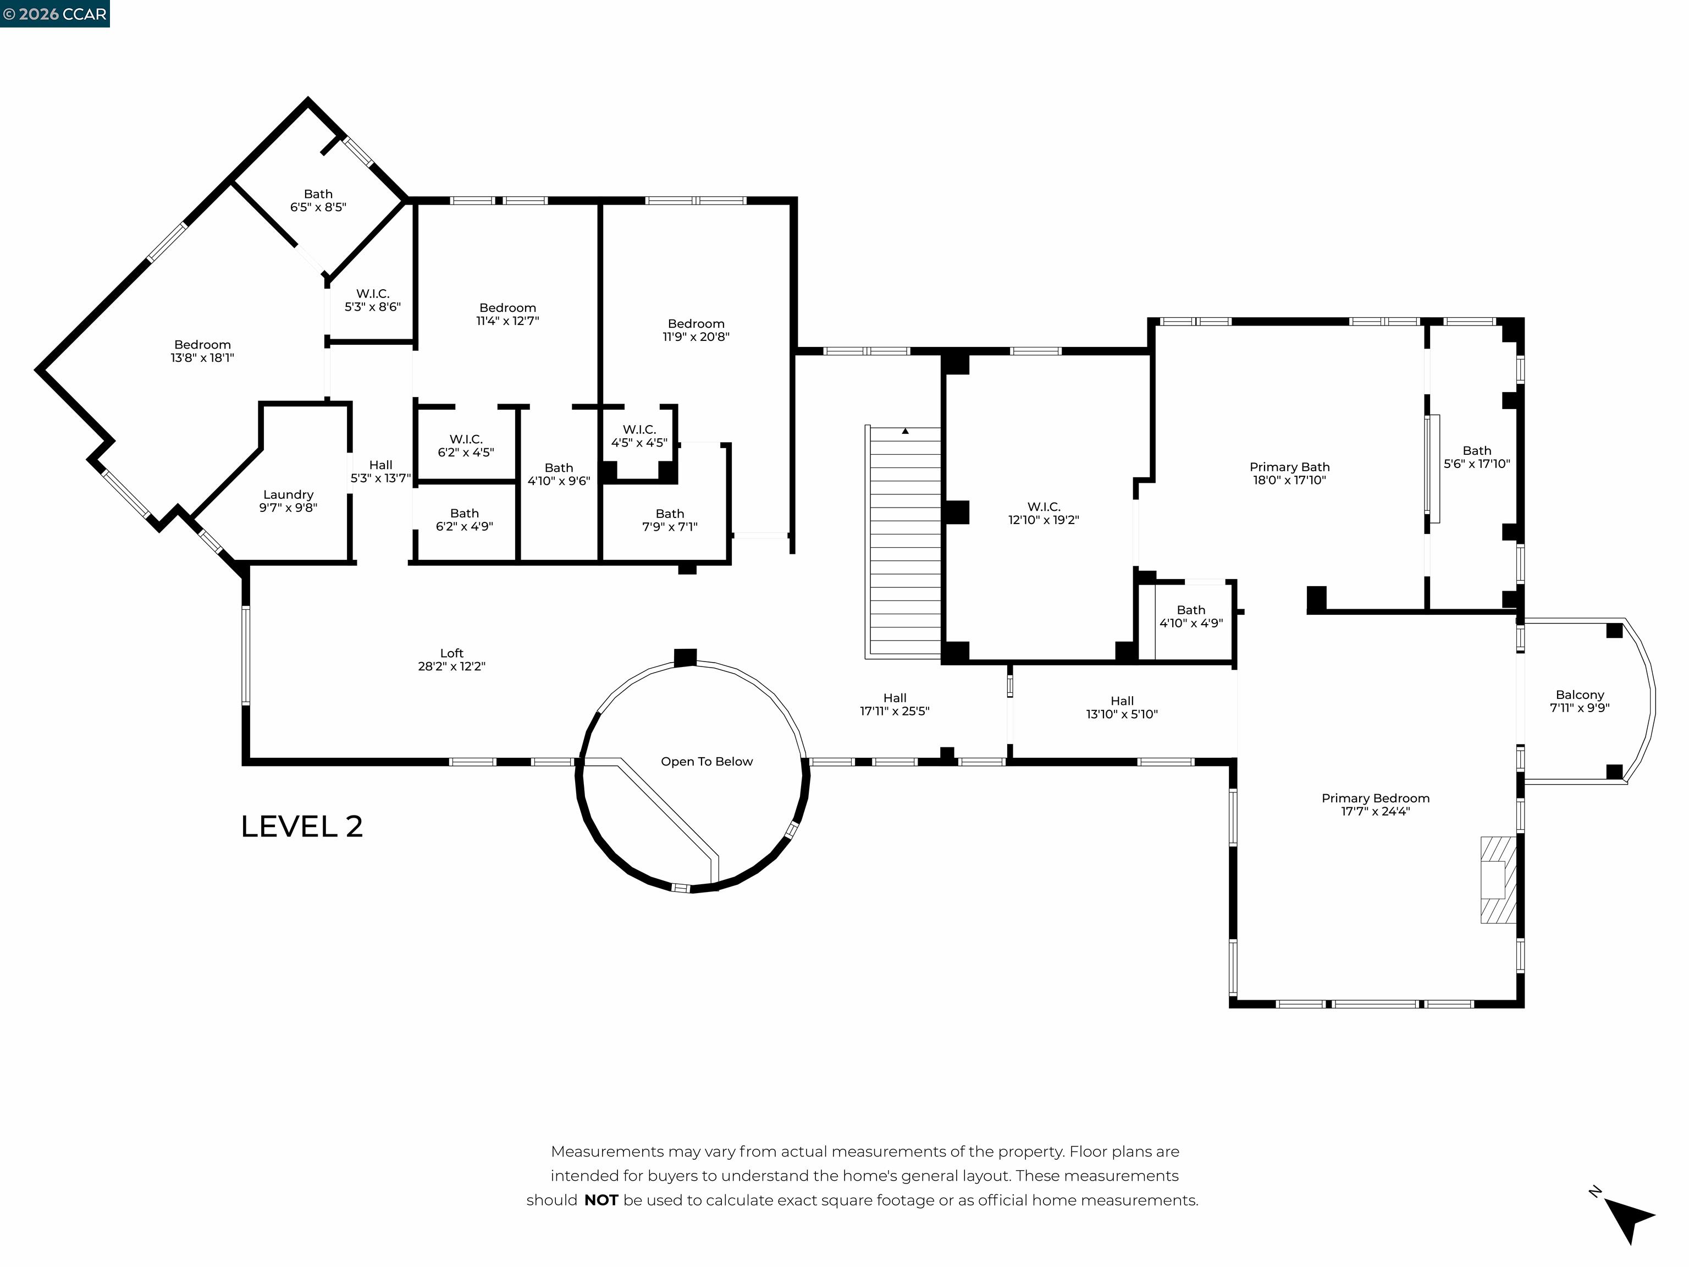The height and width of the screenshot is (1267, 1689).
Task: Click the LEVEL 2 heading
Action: click(302, 827)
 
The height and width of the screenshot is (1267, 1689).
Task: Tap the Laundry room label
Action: click(288, 501)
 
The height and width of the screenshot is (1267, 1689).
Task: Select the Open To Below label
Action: click(706, 762)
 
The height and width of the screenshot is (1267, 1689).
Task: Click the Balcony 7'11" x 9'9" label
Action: click(1579, 701)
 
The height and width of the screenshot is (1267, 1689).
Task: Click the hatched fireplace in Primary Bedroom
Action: click(1497, 880)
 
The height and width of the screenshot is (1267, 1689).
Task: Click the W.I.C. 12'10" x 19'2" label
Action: click(1043, 513)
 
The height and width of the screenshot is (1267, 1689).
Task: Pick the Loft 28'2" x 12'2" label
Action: click(451, 659)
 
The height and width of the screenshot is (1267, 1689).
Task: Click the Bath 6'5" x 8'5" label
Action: click(318, 200)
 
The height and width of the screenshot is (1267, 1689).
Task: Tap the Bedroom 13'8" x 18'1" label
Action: click(202, 350)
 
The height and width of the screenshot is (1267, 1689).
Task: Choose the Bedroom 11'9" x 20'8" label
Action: click(696, 330)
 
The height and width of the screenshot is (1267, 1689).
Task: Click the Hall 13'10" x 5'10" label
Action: click(1122, 707)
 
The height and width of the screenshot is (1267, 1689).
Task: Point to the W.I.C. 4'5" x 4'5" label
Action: click(638, 436)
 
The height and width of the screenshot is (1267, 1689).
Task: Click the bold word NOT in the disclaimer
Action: click(601, 1200)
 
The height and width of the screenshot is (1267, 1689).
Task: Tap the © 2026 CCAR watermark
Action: click(54, 14)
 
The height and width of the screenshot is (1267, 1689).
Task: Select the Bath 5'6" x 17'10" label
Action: click(1476, 456)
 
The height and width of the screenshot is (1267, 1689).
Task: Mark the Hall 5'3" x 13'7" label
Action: click(380, 471)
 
